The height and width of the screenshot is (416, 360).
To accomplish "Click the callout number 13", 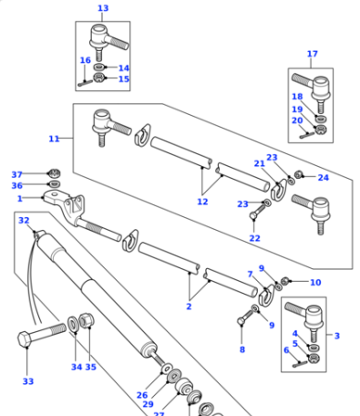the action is click(x=103, y=8).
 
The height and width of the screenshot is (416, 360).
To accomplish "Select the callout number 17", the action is click(x=313, y=54).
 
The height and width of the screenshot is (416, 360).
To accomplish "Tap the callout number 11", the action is click(x=54, y=139).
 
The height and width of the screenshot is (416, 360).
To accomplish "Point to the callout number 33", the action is click(x=28, y=381).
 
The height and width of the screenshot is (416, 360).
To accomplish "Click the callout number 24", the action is click(x=324, y=178).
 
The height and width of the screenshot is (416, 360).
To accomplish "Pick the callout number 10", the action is click(x=315, y=282).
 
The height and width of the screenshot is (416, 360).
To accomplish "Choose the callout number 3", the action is click(x=337, y=336).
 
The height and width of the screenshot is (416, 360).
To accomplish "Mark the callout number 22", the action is click(x=254, y=238).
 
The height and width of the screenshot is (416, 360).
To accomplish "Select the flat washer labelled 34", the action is click(x=73, y=324).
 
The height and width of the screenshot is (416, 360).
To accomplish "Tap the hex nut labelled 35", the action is click(x=87, y=320).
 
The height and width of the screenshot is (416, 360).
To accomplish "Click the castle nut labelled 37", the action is click(x=55, y=173).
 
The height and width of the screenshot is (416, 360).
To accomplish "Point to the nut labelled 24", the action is click(x=298, y=174).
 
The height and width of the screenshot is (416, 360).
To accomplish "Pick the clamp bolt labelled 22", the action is click(x=258, y=211).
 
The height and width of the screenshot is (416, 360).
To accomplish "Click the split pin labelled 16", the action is click(x=85, y=83).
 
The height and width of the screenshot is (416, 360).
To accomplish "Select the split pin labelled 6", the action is click(x=300, y=363).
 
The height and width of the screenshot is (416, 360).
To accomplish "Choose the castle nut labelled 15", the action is click(x=99, y=78).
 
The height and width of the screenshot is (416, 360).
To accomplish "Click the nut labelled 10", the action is click(x=285, y=281).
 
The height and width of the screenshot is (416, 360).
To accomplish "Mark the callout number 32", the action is click(x=24, y=220).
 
